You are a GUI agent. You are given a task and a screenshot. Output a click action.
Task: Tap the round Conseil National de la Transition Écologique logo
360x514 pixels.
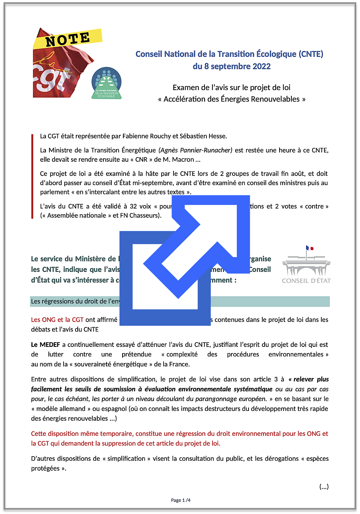click(106, 83)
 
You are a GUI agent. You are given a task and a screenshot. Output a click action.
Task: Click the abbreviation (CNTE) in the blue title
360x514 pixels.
click(311, 54)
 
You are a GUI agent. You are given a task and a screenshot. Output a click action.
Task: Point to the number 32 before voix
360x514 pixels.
click(133, 206)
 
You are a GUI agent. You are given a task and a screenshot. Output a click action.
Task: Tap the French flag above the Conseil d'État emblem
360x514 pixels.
click(309, 248)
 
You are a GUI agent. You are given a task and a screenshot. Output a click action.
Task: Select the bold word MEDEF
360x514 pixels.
click(50, 345)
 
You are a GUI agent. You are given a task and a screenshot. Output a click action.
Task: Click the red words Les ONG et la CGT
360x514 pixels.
click(57, 320)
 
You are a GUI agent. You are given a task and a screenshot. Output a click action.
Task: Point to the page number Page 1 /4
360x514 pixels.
click(180, 500)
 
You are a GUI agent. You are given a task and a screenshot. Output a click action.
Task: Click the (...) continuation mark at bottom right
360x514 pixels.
click(324, 487)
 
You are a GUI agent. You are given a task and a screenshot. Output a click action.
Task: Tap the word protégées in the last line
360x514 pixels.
click(45, 468)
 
